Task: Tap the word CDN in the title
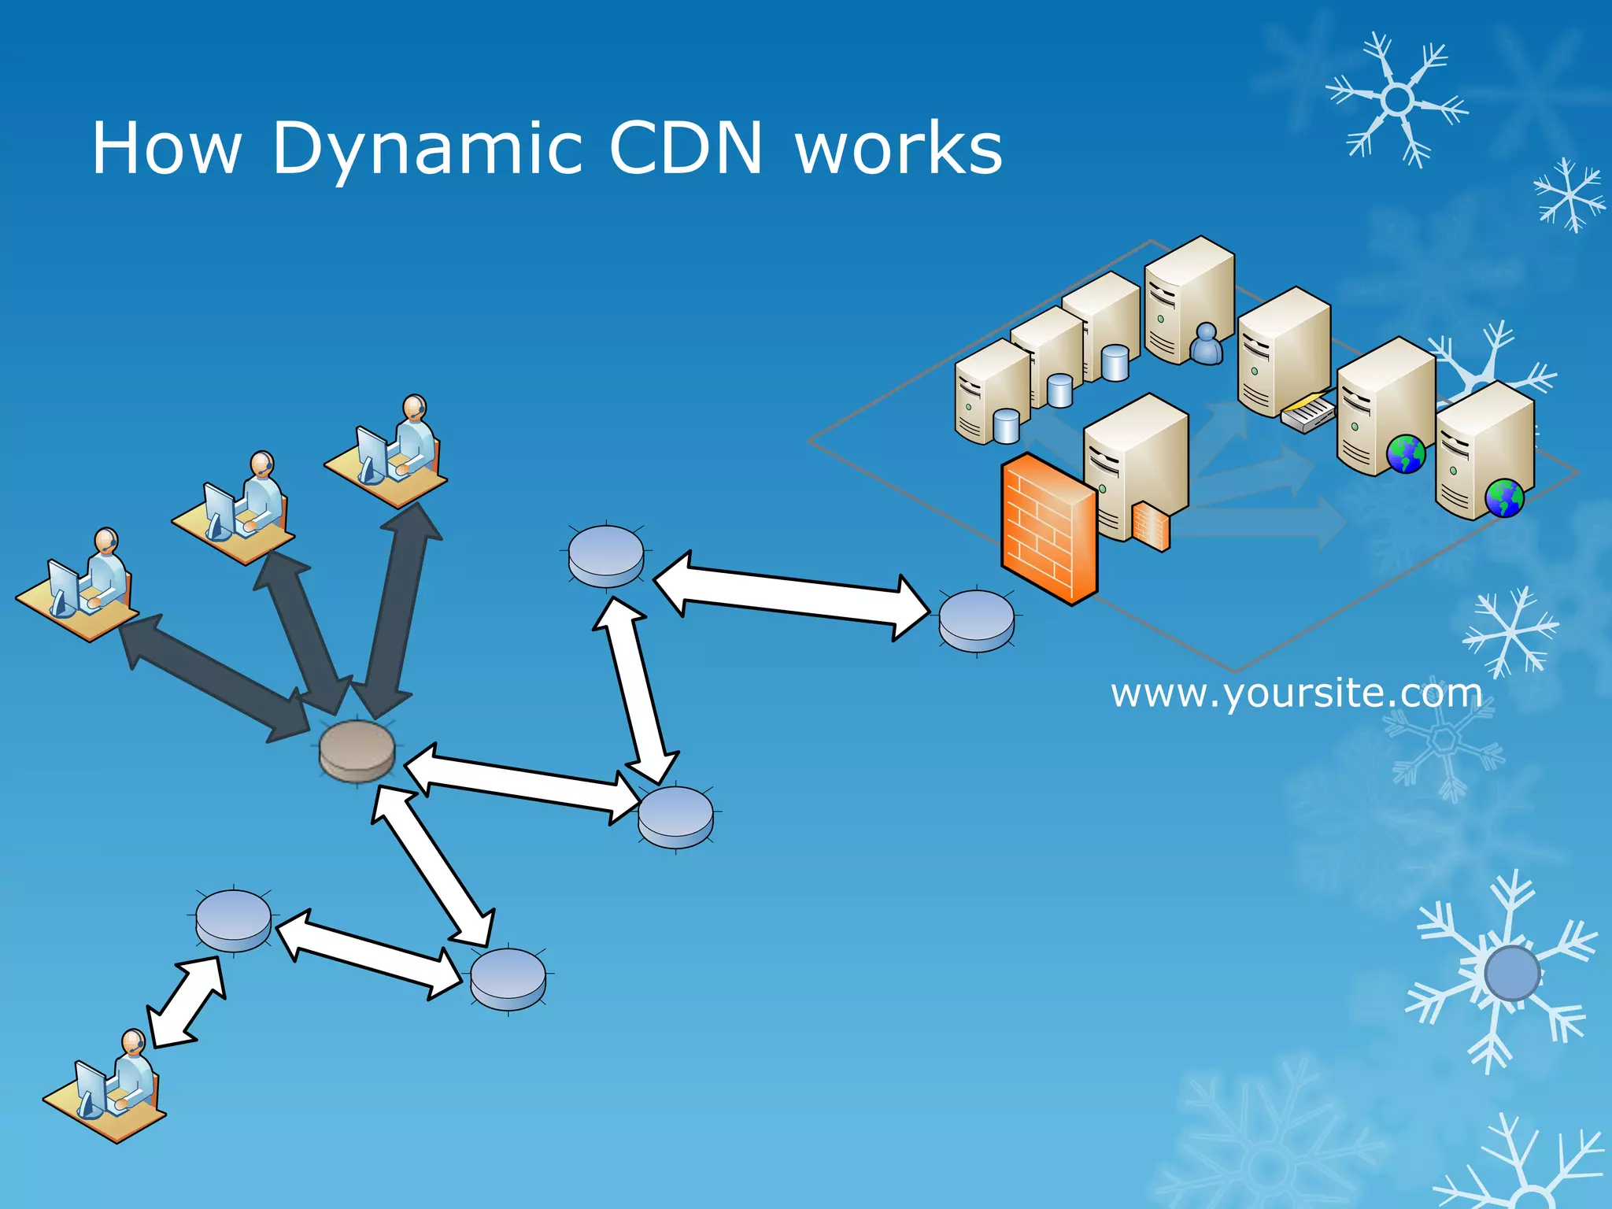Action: pyautogui.click(x=686, y=148)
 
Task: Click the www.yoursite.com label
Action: pyautogui.click(x=1296, y=693)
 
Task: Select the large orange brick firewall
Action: pyautogui.click(x=1048, y=528)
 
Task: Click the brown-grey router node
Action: pyautogui.click(x=357, y=751)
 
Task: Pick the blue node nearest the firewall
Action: pyautogui.click(x=977, y=621)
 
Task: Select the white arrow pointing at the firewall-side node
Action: pyautogui.click(x=791, y=595)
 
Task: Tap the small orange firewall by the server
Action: pyautogui.click(x=1151, y=527)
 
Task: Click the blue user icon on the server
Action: pyautogui.click(x=1206, y=344)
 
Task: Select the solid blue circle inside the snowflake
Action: pyautogui.click(x=1511, y=973)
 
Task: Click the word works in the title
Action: pyautogui.click(x=899, y=148)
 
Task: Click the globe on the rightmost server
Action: pyautogui.click(x=1504, y=497)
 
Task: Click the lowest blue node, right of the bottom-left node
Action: pyautogui.click(x=508, y=978)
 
